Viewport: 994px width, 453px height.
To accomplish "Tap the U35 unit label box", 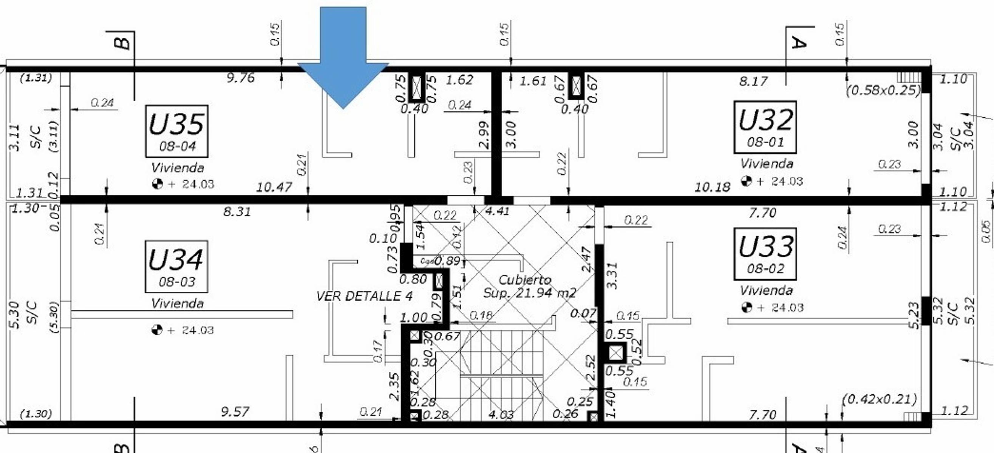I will click(x=177, y=131).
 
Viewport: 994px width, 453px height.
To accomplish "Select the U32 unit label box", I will click(x=765, y=127).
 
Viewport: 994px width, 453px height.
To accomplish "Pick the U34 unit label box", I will click(x=176, y=267).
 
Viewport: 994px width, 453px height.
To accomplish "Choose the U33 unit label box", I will click(x=765, y=254).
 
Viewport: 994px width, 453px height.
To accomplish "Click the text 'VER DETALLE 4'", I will click(x=364, y=296).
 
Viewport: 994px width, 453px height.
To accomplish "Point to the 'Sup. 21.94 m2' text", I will click(x=529, y=293).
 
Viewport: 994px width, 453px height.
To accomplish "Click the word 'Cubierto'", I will click(x=524, y=279).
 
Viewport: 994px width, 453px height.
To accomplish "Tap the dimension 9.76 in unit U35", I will click(x=240, y=78).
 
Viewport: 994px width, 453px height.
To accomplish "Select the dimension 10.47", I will click(x=274, y=187).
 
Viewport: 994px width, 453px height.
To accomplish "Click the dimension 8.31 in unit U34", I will click(x=237, y=211).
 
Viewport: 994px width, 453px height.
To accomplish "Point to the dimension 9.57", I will click(x=235, y=412).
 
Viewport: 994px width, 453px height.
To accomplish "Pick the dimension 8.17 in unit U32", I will click(x=753, y=81).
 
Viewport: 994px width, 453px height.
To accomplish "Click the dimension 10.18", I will click(x=712, y=187).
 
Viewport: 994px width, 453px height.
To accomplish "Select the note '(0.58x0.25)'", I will click(x=883, y=90).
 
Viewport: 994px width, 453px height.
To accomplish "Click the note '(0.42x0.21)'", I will click(x=879, y=399).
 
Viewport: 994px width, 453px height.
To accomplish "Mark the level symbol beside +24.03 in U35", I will click(x=158, y=183).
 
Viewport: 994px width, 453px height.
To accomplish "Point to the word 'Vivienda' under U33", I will click(x=766, y=290).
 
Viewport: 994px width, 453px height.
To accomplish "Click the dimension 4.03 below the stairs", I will click(x=501, y=415).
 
